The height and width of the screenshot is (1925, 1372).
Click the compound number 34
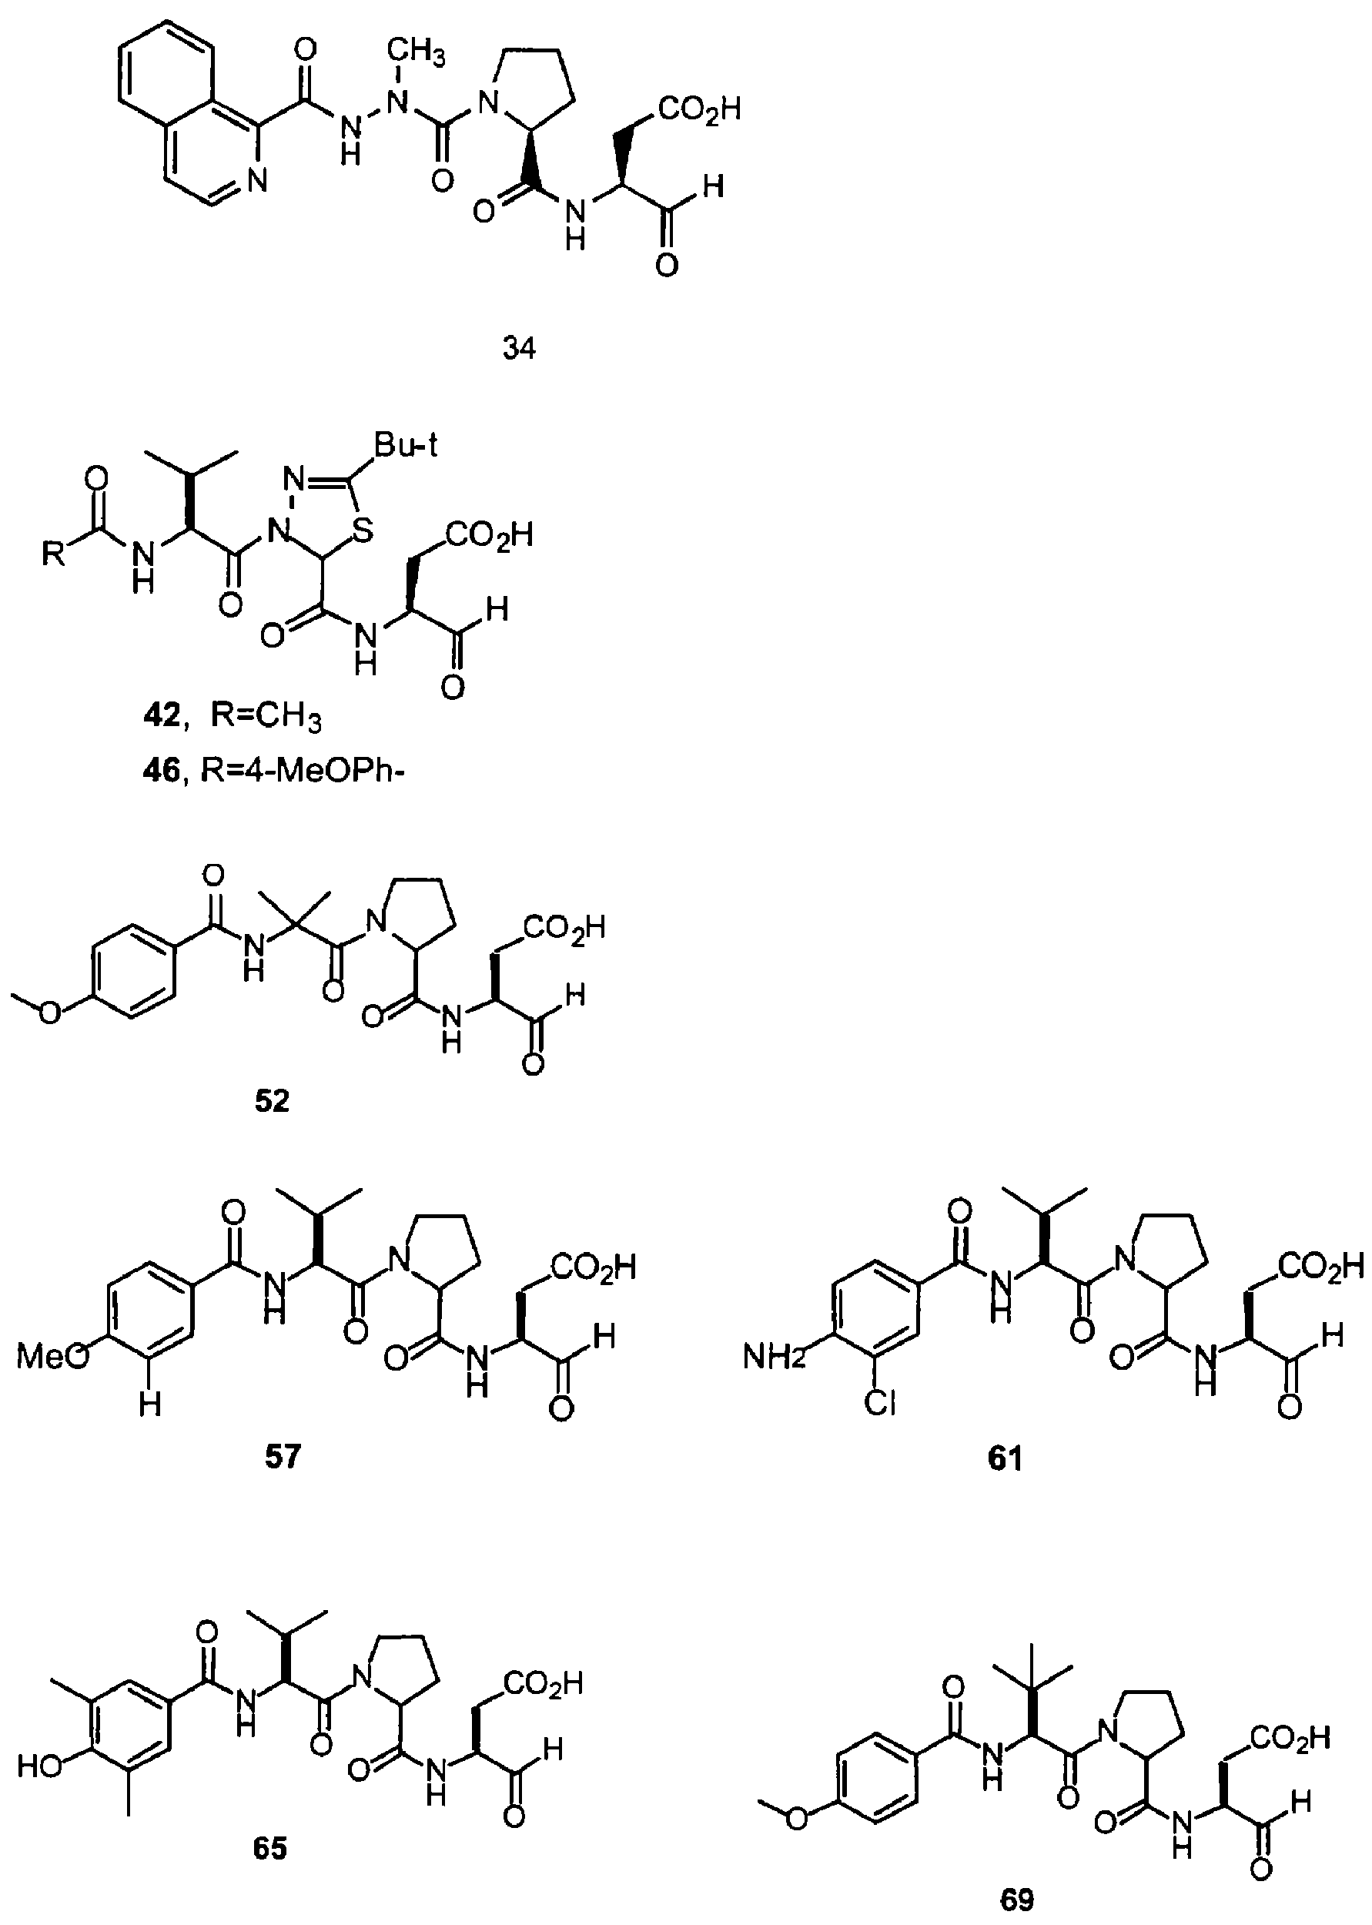coord(519,348)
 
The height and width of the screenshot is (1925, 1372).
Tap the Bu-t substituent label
coord(407,446)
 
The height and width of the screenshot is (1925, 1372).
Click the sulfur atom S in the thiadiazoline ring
coord(363,531)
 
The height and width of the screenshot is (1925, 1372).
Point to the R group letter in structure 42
coord(53,555)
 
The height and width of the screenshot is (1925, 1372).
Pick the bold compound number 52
coord(272,1101)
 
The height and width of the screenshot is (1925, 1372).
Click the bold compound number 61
coord(1006,1458)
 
